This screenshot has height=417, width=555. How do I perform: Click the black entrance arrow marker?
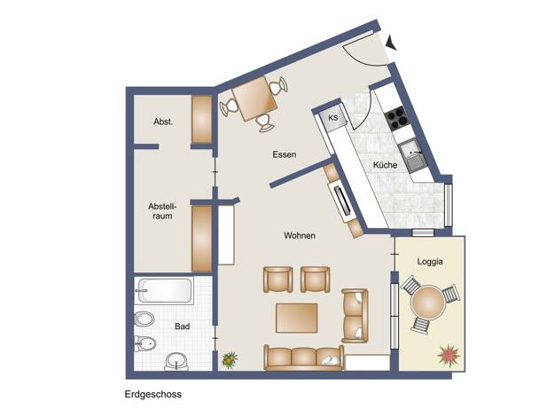pyautogui.click(x=392, y=43)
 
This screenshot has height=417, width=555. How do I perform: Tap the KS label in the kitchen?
pyautogui.click(x=333, y=118)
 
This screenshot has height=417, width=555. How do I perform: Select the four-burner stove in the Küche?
pyautogui.click(x=395, y=118)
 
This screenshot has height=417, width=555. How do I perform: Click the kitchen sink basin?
pyautogui.click(x=411, y=150)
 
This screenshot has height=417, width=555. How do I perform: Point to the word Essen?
pyautogui.click(x=285, y=154)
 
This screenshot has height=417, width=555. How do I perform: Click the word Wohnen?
pyautogui.click(x=300, y=235)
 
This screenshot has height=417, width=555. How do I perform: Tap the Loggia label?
pyautogui.click(x=430, y=262)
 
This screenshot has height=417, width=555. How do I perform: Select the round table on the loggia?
pyautogui.click(x=427, y=303)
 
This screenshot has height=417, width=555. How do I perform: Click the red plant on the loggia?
pyautogui.click(x=449, y=355)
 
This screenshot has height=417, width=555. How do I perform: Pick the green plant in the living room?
pyautogui.click(x=230, y=360)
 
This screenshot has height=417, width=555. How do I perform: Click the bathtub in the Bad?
pyautogui.click(x=164, y=291)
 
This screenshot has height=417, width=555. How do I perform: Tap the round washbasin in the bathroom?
pyautogui.click(x=176, y=361)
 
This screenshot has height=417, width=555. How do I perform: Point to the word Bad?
pyautogui.click(x=183, y=327)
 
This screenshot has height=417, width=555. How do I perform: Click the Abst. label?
pyautogui.click(x=163, y=122)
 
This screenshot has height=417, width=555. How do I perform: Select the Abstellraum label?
pyautogui.click(x=162, y=211)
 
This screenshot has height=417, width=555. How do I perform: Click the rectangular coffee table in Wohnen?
pyautogui.click(x=297, y=318)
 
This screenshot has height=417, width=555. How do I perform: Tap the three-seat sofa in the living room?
pyautogui.click(x=304, y=358)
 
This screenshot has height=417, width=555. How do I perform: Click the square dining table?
pyautogui.click(x=254, y=98)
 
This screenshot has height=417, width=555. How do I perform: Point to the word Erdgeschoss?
pyautogui.click(x=152, y=394)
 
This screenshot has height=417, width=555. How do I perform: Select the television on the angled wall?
pyautogui.click(x=343, y=200)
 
